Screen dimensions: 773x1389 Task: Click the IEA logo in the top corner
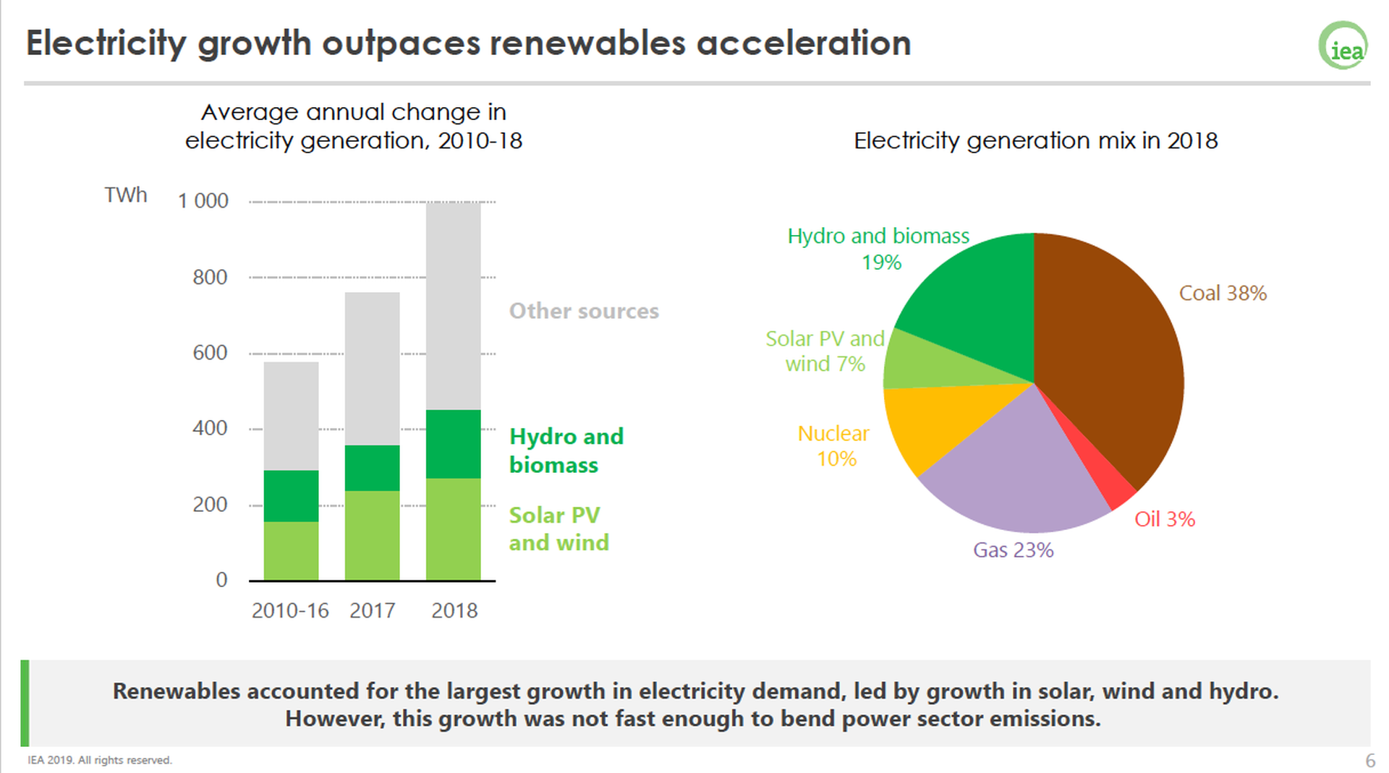pos(1343,46)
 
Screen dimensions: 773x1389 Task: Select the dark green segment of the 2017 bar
pos(373,468)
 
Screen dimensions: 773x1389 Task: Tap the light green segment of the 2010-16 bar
pos(291,550)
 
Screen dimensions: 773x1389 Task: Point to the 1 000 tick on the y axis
pos(203,201)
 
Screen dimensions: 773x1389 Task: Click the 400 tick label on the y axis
pos(210,428)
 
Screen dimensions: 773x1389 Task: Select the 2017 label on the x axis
pos(373,611)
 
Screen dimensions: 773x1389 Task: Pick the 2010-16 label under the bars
pos(290,611)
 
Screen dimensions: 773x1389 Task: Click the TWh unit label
pos(125,195)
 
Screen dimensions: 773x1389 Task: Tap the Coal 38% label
pos(1223,293)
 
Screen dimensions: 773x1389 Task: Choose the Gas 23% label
pos(1013,550)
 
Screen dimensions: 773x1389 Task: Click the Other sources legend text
pos(584,311)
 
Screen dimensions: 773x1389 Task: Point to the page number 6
pos(1369,761)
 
